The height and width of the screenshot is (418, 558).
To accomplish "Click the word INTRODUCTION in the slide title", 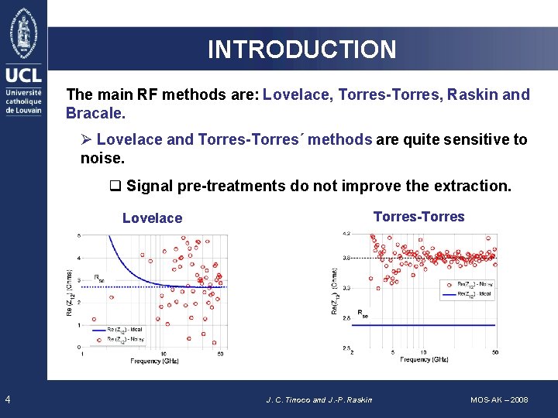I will (x=301, y=50).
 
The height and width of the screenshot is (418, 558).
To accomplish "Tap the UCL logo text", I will (x=23, y=75).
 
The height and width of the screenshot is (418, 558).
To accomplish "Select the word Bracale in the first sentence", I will (x=94, y=113).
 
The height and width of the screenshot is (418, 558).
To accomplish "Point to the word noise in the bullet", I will (x=100, y=158).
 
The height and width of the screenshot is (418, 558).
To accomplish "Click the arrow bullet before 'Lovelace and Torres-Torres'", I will (x=87, y=140).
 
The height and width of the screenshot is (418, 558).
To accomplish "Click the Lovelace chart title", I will (x=152, y=218).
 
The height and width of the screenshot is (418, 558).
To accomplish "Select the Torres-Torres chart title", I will (x=418, y=217).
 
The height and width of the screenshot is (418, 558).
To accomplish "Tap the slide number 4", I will (x=7, y=399).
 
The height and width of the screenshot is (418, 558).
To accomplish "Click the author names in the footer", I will (x=319, y=399).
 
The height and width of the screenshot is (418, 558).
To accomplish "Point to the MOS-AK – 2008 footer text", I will (x=499, y=399).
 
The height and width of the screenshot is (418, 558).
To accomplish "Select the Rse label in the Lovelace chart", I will (x=98, y=277).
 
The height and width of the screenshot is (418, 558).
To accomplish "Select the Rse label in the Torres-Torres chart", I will (x=362, y=315).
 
